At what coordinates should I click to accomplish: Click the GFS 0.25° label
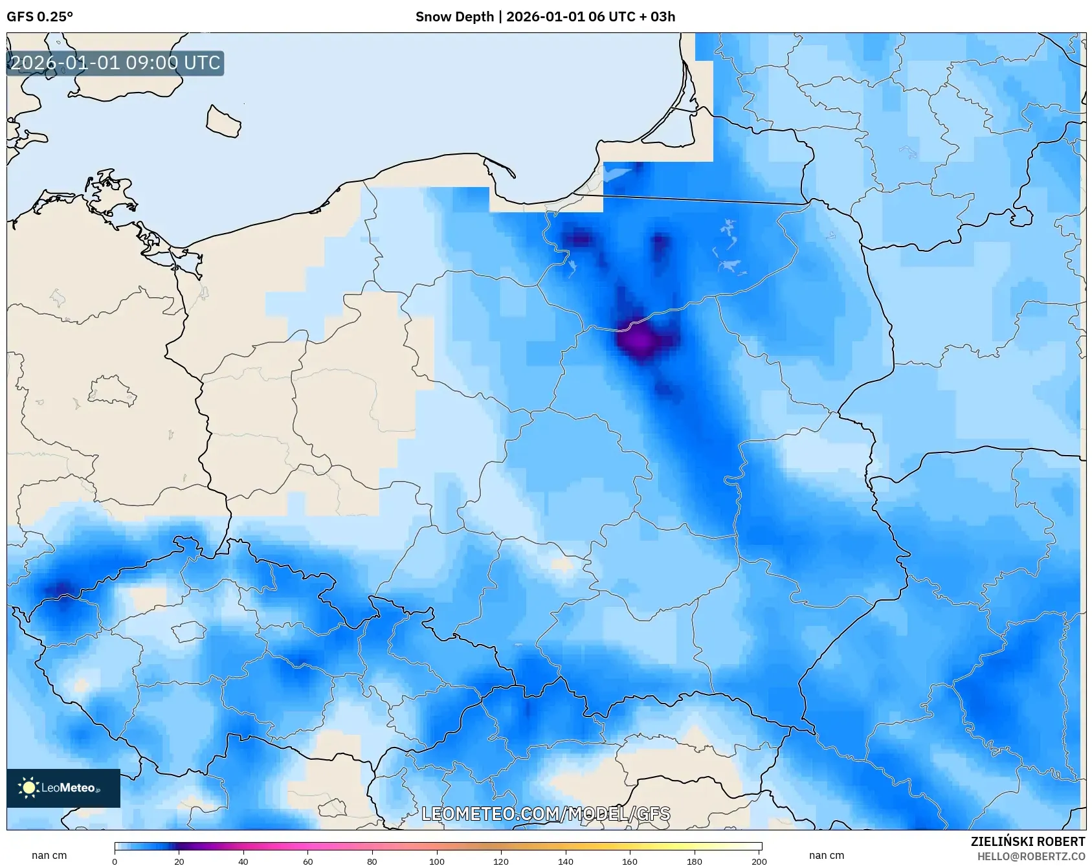click(x=39, y=17)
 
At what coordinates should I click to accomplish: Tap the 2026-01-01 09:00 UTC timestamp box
click(x=115, y=63)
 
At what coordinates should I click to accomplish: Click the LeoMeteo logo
click(x=63, y=788)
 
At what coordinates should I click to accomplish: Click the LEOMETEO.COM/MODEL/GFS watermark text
click(x=545, y=814)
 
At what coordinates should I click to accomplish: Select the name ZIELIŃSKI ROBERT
click(x=1027, y=841)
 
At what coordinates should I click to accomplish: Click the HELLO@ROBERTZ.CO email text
click(x=1031, y=856)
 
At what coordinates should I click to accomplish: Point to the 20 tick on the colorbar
click(x=179, y=861)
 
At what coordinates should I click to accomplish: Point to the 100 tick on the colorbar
click(x=437, y=861)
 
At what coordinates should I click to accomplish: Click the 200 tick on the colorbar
click(x=759, y=861)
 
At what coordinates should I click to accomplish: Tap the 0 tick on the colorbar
click(x=115, y=861)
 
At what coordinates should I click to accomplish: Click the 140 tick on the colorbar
click(x=566, y=861)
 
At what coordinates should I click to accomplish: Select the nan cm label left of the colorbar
click(x=49, y=856)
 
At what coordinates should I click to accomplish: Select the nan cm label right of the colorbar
click(x=827, y=856)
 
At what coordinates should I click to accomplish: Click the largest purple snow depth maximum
click(x=640, y=339)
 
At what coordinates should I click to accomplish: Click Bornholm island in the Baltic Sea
click(x=223, y=122)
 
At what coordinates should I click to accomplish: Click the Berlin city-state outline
click(x=111, y=391)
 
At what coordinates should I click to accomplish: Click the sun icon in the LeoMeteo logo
click(x=28, y=788)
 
